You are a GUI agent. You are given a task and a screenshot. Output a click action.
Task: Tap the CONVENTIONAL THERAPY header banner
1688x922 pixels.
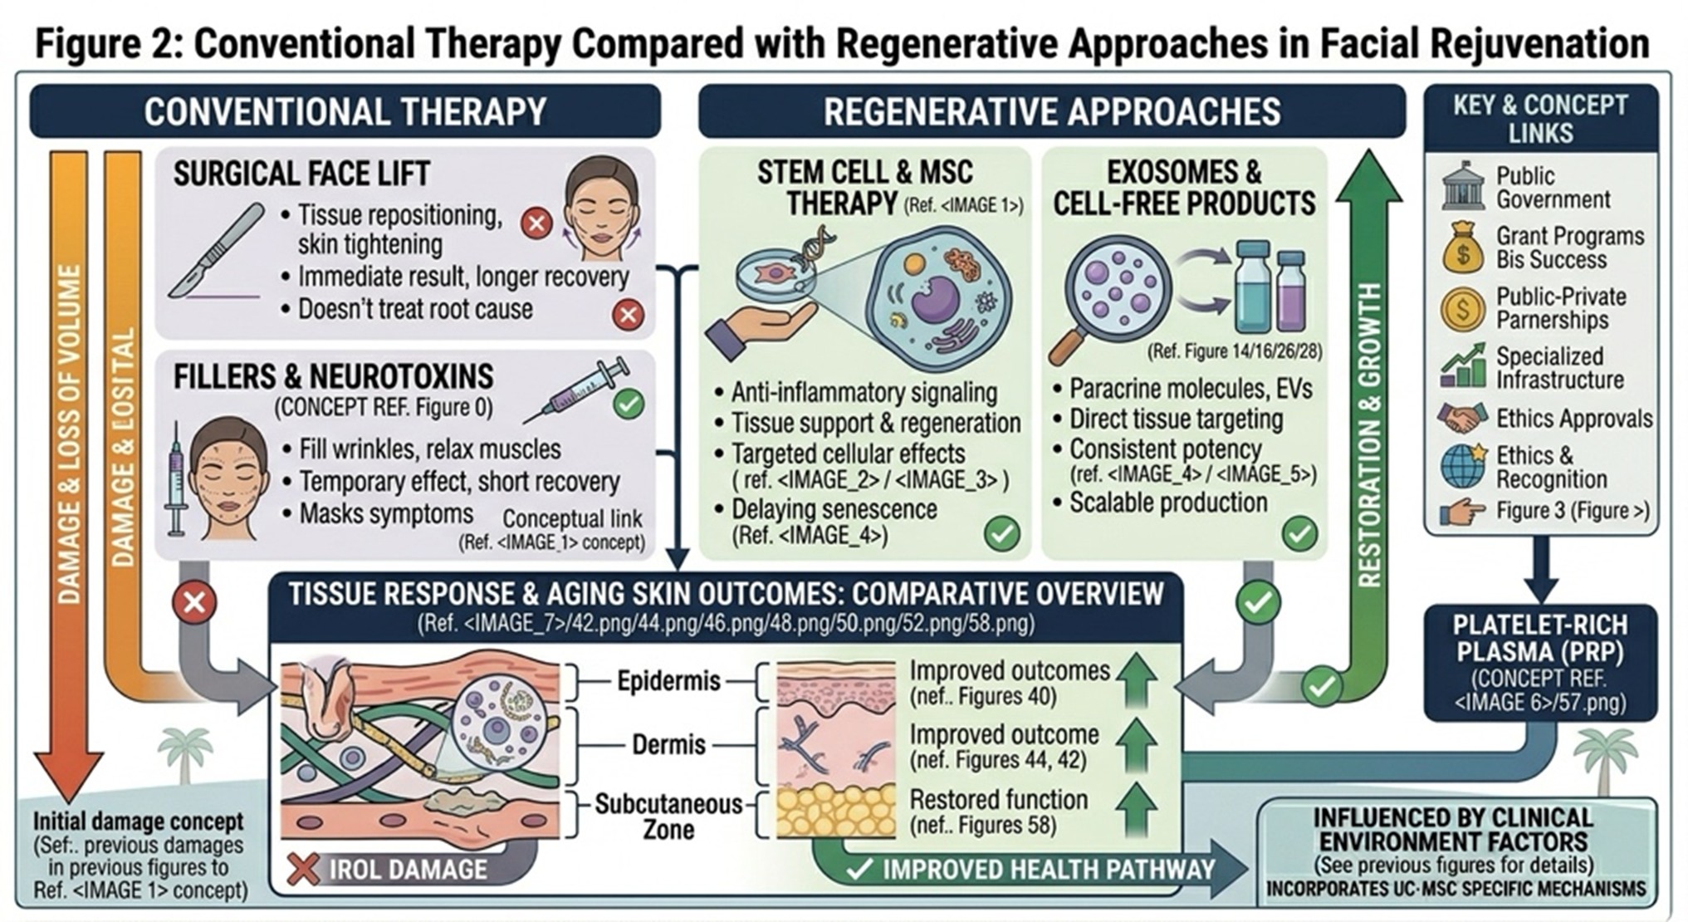345,111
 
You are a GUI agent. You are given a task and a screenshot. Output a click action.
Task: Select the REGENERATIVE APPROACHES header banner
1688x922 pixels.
1051,111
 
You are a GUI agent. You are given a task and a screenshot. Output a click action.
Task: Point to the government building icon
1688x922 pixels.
1463,188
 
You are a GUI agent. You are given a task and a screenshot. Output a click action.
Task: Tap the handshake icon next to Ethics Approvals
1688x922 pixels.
1463,418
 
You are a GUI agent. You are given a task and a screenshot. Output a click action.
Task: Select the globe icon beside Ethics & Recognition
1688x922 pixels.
1463,466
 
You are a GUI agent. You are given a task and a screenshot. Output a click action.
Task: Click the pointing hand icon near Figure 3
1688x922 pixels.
1463,512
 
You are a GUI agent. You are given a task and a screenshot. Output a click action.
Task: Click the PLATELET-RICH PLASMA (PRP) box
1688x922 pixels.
1540,662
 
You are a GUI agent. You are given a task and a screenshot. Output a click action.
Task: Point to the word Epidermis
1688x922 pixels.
668,682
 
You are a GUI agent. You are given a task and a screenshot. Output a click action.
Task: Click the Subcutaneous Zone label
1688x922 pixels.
668,816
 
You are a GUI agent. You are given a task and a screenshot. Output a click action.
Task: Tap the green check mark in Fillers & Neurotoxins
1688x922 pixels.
629,405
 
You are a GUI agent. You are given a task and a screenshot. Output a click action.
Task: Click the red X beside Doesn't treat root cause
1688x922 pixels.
629,315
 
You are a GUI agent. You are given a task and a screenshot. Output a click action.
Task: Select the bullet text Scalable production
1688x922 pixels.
1167,503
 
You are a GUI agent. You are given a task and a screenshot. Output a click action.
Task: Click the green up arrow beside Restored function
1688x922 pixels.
1136,809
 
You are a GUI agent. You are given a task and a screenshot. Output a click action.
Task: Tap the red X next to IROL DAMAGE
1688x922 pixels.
303,869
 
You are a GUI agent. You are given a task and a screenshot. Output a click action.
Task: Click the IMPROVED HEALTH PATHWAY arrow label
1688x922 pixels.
1048,870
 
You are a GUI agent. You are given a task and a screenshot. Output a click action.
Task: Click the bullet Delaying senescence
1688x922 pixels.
834,509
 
